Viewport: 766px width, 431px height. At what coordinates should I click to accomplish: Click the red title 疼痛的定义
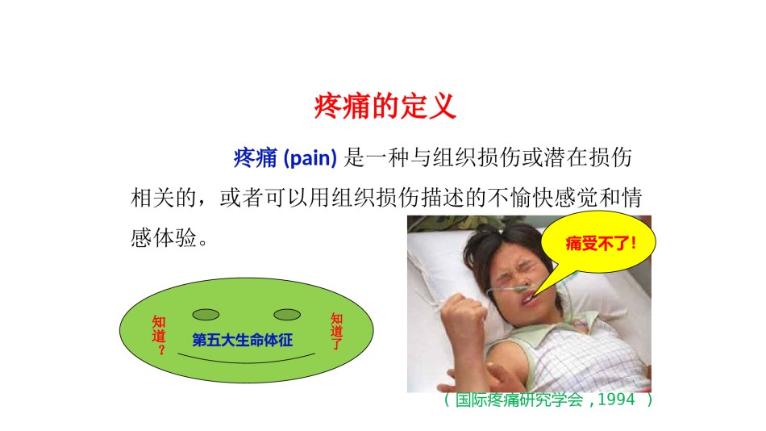tap(385, 107)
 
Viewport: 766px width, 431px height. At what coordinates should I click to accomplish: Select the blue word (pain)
tap(310, 158)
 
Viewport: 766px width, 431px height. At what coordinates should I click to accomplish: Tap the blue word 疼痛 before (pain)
tap(255, 158)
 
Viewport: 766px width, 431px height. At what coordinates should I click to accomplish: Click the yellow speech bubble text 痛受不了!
tap(601, 243)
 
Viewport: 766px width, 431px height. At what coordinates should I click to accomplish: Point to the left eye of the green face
tap(206, 315)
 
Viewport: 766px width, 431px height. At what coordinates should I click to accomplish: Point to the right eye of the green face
tap(287, 315)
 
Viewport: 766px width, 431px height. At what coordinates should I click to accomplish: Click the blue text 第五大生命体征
tap(243, 340)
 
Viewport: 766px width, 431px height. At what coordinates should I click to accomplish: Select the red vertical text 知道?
tap(159, 335)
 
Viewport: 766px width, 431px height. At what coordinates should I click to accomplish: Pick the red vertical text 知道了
tap(336, 331)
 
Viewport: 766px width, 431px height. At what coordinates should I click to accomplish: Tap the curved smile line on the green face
tap(246, 362)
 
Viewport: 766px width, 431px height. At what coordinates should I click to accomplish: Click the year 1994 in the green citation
tap(616, 400)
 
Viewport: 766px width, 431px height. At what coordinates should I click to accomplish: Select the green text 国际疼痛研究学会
tap(519, 400)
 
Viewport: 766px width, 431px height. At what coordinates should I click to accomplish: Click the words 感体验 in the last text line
tap(164, 238)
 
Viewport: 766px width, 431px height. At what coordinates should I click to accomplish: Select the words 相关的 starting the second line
tap(164, 198)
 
